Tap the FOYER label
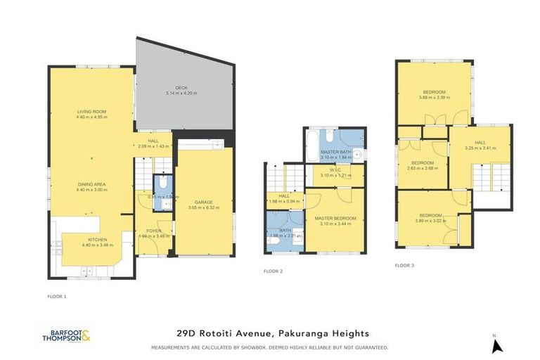[x=155, y=230]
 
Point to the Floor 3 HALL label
[x=480, y=143]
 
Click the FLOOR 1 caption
[x=56, y=296]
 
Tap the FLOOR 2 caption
[x=273, y=271]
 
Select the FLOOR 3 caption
[x=404, y=266]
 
